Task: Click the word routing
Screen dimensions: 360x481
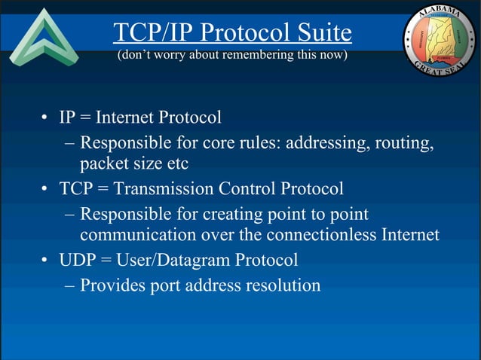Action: point(405,142)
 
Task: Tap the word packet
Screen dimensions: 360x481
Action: point(103,163)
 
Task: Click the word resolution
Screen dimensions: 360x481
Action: point(283,285)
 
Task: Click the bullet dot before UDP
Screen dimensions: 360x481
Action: point(46,261)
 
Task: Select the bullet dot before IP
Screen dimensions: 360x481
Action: point(46,119)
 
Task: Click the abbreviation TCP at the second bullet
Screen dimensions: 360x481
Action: point(76,188)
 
